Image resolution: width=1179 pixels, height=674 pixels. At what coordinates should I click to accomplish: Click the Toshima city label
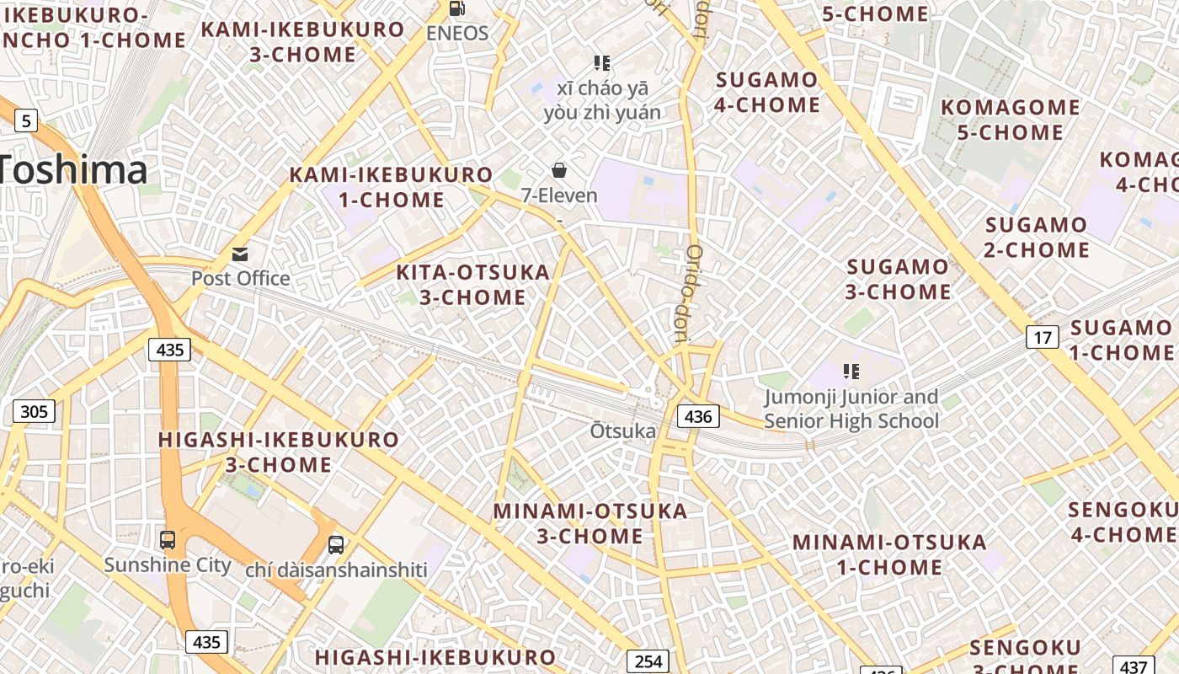74,169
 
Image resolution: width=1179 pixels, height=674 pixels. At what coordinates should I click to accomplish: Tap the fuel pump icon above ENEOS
457,8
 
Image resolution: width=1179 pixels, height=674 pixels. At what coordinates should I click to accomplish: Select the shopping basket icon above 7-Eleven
559,171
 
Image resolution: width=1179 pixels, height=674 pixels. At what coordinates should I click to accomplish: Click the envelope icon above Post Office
240,254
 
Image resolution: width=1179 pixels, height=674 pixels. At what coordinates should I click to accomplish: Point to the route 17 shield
1043,338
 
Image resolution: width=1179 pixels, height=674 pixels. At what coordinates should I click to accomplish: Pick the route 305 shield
34,411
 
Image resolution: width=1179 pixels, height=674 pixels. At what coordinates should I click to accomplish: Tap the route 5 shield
26,121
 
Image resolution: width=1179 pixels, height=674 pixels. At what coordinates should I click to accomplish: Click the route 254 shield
648,661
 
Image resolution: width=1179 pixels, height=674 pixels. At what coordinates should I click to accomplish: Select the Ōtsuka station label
622,431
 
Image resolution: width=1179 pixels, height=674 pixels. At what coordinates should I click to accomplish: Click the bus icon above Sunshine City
168,539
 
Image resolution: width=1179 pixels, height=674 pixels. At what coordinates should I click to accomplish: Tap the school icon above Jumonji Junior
851,372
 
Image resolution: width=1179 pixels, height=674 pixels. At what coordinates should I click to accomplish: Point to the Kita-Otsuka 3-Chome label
472,285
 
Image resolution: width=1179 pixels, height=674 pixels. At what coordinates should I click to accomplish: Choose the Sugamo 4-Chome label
766,92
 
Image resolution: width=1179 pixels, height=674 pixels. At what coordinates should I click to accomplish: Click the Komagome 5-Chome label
1010,120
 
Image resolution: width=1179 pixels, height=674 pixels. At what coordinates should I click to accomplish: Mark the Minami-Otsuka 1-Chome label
889,554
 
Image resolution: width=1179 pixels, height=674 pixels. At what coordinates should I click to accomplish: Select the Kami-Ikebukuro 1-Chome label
391,187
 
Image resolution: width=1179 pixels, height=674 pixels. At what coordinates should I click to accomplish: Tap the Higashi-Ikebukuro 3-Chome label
279,452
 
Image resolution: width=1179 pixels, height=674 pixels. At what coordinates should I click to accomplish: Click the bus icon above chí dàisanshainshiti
336,544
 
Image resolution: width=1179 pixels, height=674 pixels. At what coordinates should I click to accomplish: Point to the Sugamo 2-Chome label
1037,237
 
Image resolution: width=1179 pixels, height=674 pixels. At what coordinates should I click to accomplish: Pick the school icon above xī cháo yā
601,63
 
